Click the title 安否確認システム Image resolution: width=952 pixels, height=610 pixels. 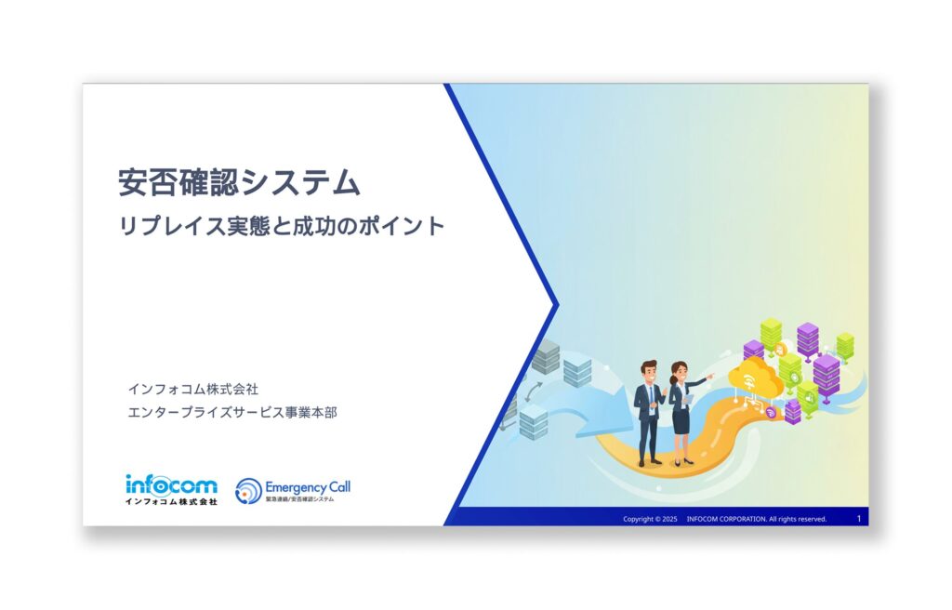click(x=239, y=182)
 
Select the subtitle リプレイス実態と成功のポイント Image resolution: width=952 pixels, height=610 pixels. click(x=282, y=226)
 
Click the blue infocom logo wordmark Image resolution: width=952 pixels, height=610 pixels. click(x=171, y=484)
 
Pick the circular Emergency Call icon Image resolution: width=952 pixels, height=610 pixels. click(x=248, y=491)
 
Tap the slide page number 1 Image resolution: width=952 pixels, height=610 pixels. click(x=858, y=518)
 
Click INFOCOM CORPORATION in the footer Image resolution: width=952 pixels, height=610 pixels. click(x=725, y=519)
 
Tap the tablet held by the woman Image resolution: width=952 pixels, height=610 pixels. click(x=689, y=399)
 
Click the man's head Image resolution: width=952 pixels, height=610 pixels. click(x=649, y=369)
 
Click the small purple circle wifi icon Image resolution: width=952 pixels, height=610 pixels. click(x=770, y=413)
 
